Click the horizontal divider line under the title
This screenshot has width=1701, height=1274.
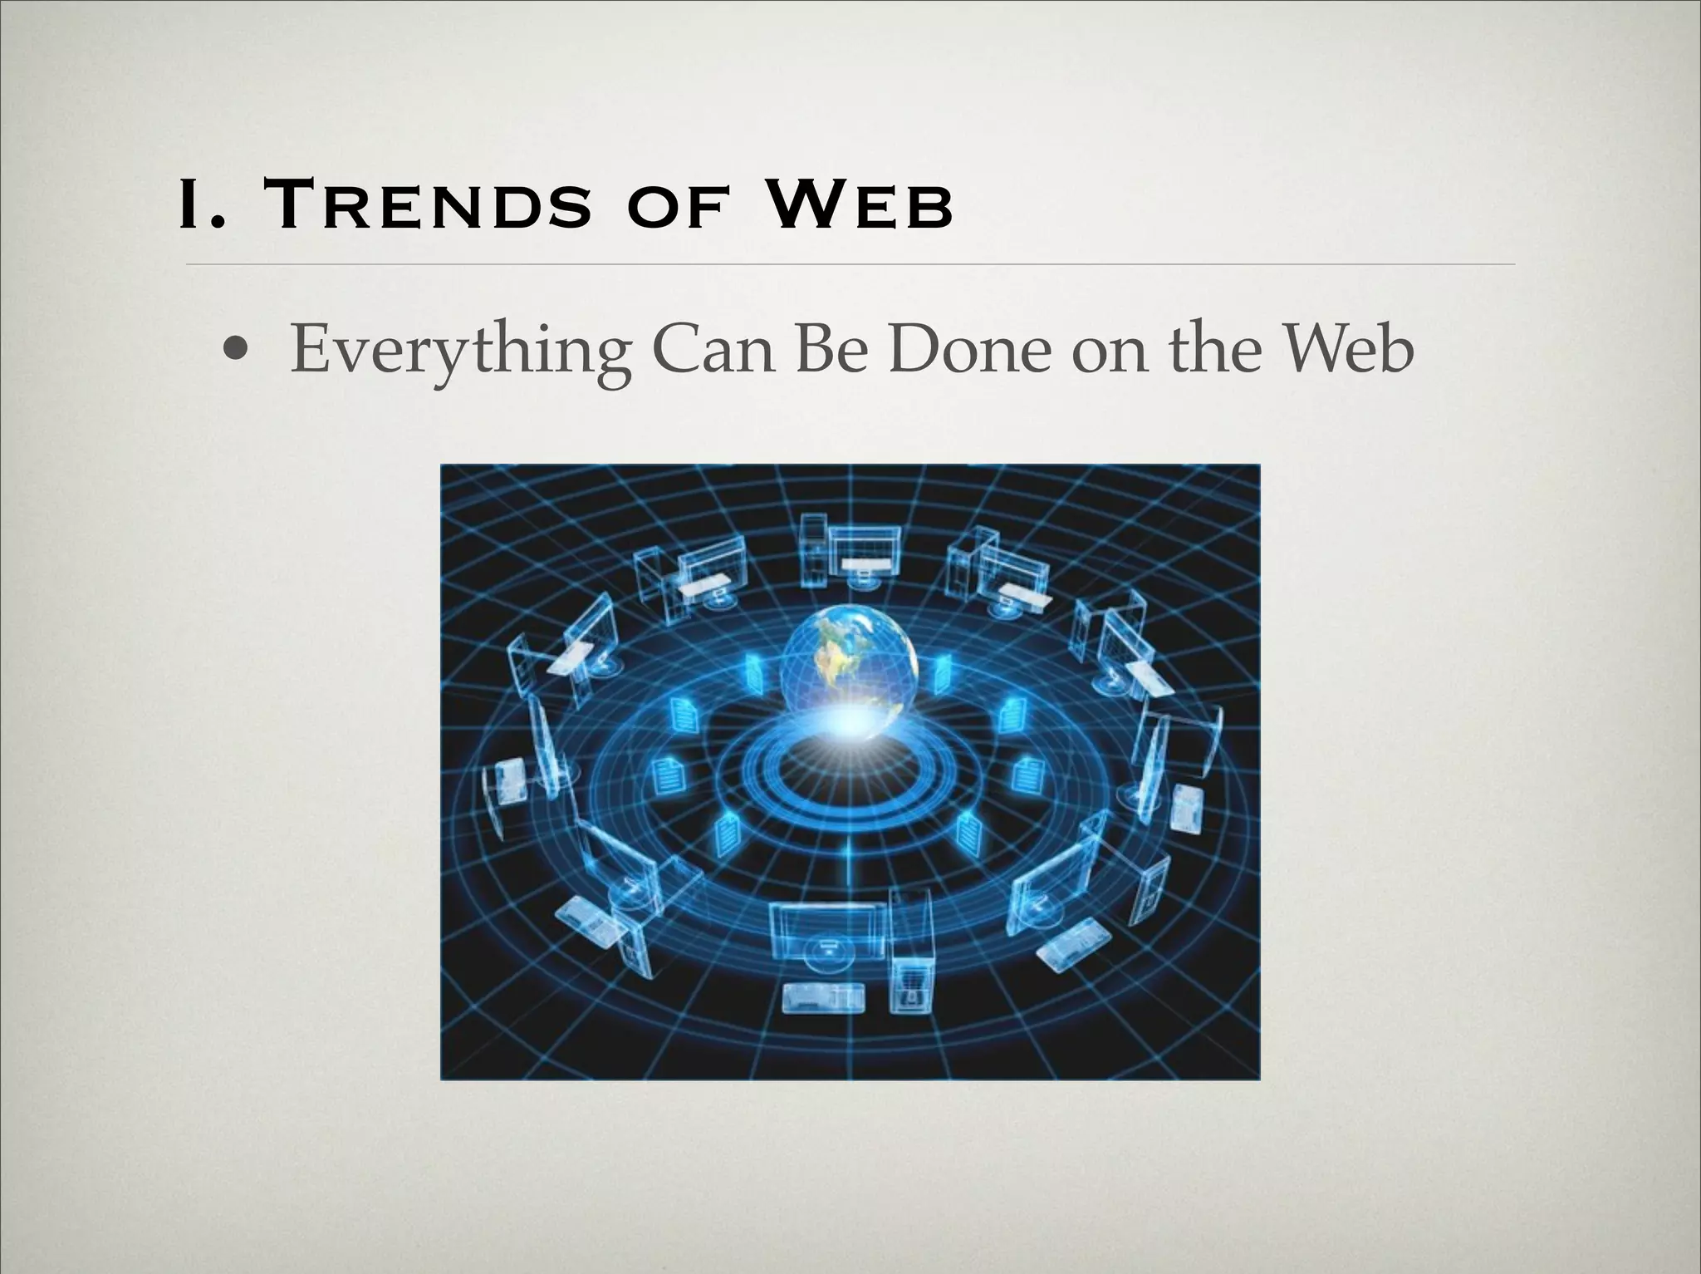pos(850,264)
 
